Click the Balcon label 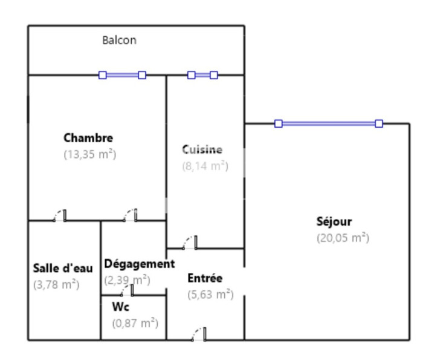point(119,40)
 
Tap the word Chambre point(88,138)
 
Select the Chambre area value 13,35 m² point(90,154)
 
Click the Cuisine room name point(202,149)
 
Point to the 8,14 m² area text point(205,166)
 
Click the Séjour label point(334,221)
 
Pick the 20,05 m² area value point(343,238)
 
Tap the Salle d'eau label point(63,268)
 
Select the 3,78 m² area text point(56,284)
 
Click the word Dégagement point(140,264)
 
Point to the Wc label point(121,307)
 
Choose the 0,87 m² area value point(135,323)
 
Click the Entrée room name point(205,278)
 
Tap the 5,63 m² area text point(210,295)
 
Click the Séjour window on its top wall point(329,123)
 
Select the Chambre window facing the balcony point(122,75)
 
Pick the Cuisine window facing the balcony point(202,75)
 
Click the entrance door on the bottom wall point(199,334)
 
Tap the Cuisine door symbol point(190,243)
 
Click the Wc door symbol point(127,290)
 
